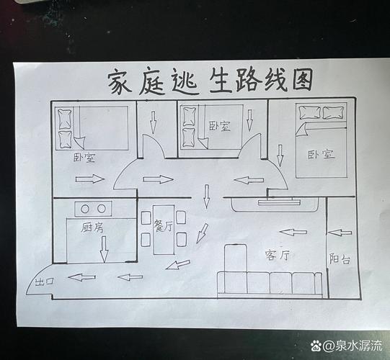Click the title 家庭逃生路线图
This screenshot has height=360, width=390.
point(210,81)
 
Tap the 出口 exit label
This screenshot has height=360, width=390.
point(45,282)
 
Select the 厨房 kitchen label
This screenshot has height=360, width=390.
point(92,228)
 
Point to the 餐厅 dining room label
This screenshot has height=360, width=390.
point(163,225)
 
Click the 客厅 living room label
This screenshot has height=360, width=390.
point(278,255)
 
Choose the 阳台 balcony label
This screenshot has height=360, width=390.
point(340,258)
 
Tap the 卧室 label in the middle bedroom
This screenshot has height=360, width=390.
point(220,126)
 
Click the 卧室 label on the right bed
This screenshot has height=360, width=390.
point(321,154)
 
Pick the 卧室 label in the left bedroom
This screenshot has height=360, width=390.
point(84,158)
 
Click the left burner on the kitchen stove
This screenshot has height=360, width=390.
point(85,209)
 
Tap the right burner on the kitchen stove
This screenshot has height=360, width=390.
point(102,209)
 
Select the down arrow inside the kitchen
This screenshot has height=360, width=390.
point(104,249)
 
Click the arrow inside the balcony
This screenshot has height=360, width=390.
point(340,233)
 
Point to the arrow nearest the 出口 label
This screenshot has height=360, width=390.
point(81,277)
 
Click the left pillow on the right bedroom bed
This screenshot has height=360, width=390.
point(310,112)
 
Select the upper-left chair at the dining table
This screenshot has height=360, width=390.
point(146,218)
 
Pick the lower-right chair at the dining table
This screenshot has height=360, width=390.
point(182,239)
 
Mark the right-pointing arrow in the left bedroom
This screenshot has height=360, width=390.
point(90,179)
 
